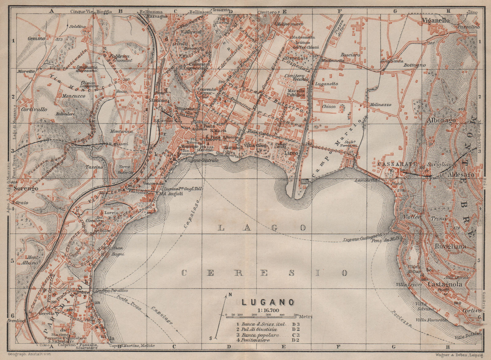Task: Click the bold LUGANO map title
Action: pos(269,302)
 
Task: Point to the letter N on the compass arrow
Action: pos(230,295)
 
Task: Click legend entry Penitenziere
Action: pos(257,340)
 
